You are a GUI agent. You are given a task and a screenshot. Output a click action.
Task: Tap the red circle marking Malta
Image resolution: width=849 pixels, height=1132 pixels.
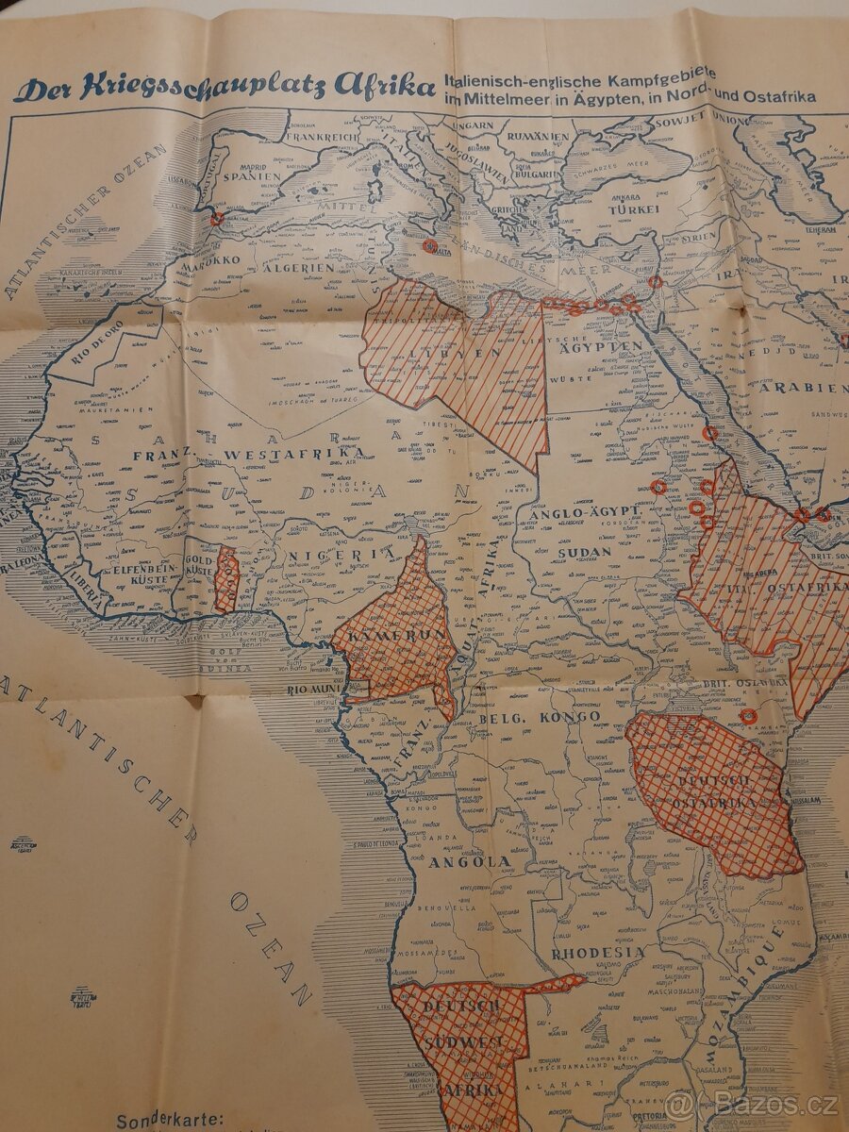(x=430, y=245)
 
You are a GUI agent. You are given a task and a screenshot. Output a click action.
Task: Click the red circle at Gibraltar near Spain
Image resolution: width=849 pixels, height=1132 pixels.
(x=217, y=218)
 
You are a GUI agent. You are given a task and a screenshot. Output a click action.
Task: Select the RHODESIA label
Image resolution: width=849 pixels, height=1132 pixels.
(x=598, y=952)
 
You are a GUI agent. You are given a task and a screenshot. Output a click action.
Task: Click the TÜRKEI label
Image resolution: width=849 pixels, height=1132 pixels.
(x=633, y=209)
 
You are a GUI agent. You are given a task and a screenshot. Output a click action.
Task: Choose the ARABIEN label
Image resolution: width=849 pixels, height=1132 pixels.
(x=798, y=388)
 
